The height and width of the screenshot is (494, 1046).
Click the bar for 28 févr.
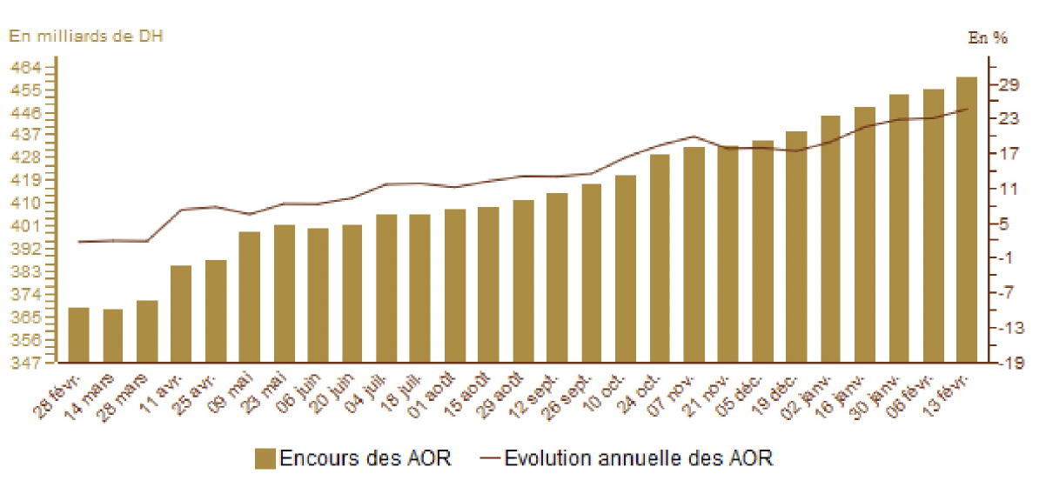coord(78,335)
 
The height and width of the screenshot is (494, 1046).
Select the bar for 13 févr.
coord(967,219)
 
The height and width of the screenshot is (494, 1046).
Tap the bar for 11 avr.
coord(181,314)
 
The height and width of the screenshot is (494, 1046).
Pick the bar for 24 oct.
coord(660,258)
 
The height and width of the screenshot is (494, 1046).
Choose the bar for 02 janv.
coord(830,239)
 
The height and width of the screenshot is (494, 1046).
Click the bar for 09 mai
coord(250,297)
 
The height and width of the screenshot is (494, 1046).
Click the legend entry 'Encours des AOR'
coord(365,458)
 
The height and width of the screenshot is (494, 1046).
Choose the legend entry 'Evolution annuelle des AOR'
coord(638,458)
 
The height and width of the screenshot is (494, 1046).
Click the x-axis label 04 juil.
coord(372,394)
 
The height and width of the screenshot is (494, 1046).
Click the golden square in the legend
coord(265,458)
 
